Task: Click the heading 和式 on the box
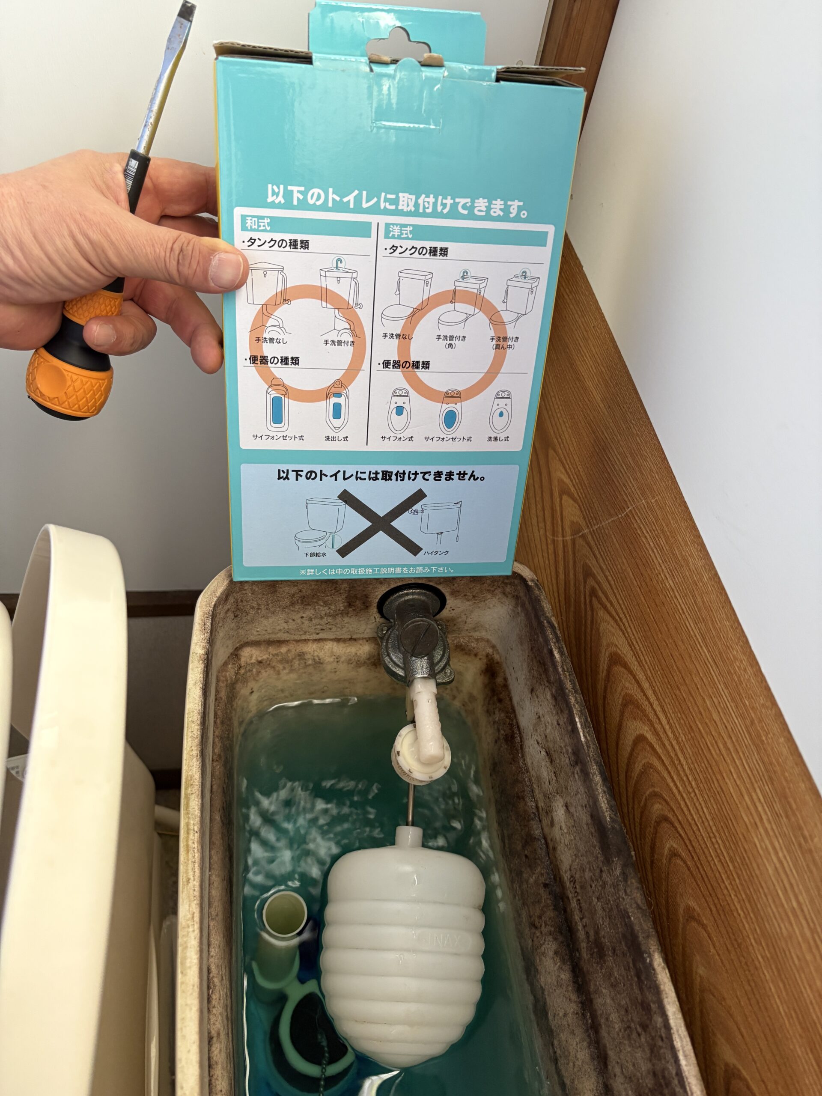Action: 258,224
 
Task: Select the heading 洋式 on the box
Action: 400,231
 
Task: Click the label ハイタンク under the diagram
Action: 435,552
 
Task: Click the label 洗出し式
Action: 337,438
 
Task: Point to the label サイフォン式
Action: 397,438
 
